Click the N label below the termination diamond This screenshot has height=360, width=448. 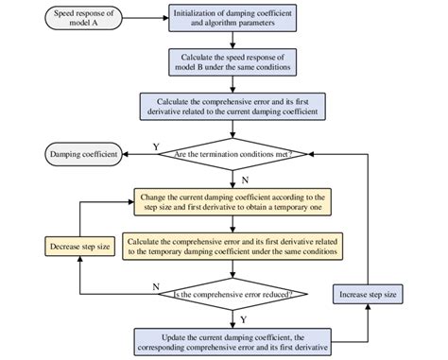click(245, 176)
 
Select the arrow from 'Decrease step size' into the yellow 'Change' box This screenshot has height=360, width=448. click(104, 201)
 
